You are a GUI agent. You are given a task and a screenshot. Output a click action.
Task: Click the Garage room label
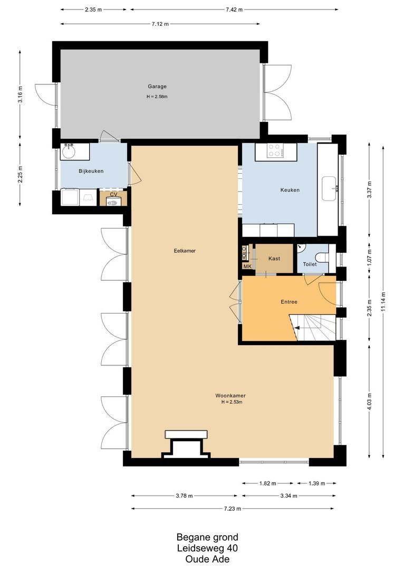157,87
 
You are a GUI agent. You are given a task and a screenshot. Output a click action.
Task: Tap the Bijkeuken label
91,171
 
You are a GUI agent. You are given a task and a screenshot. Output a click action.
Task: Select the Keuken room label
290,190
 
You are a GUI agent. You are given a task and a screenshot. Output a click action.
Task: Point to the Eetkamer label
185,251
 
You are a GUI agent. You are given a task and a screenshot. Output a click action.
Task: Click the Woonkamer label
231,395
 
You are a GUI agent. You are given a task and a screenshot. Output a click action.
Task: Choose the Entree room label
289,302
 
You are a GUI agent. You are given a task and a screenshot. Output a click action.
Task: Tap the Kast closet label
274,259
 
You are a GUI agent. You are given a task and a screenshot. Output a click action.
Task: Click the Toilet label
310,264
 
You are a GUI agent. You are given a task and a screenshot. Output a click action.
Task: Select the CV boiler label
114,194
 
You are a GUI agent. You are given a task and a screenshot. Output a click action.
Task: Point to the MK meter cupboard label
247,267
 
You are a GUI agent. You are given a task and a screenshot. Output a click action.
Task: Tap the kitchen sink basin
331,188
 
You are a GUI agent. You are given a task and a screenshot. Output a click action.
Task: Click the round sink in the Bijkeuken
68,151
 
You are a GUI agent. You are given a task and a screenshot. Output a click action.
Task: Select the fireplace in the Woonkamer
186,444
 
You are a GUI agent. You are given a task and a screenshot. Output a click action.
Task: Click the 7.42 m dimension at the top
234,10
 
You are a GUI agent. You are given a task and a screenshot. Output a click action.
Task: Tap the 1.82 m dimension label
268,483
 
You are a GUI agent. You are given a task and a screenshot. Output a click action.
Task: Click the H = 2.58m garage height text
157,97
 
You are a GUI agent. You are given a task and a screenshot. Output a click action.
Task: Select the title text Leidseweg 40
207,548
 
